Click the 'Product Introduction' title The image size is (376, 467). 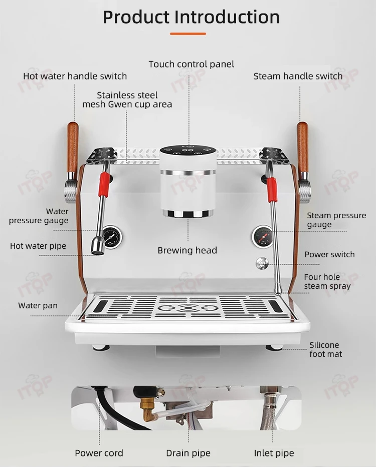coord(191,17)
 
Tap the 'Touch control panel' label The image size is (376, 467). coord(192,64)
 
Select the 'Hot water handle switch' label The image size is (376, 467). coord(75,76)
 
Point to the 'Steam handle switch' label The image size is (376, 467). coord(298,76)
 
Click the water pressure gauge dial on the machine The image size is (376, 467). coord(112,237)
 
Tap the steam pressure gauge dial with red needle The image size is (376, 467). coord(263,237)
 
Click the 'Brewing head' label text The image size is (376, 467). coord(187,250)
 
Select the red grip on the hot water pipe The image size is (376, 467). coord(104,185)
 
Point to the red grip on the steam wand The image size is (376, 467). coord(272,189)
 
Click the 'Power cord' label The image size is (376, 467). coord(99,453)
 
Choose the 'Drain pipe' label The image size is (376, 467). coord(189,453)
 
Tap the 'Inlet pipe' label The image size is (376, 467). coord(274,453)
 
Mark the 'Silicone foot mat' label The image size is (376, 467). coord(325,349)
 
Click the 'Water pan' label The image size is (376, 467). coord(38,305)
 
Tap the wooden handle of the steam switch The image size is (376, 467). coord(303,147)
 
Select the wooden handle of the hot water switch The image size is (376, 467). coord(73,147)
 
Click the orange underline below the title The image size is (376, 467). coord(188,34)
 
